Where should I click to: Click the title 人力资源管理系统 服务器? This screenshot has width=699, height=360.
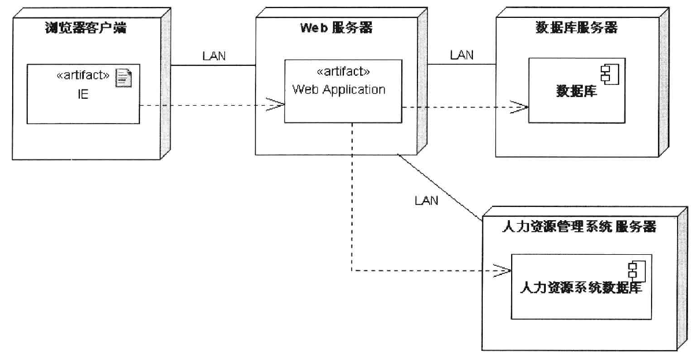click(577, 227)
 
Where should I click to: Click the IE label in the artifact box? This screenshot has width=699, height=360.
click(83, 94)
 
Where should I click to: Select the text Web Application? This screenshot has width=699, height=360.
click(338, 90)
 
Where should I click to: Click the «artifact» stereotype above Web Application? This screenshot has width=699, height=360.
click(343, 72)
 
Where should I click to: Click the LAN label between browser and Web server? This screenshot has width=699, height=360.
click(214, 56)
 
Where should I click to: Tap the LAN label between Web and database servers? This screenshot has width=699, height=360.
click(461, 55)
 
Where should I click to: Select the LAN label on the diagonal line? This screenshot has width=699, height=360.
click(426, 201)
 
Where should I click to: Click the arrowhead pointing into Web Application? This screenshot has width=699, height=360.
click(278, 105)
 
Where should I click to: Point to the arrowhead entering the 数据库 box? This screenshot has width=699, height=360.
click(522, 107)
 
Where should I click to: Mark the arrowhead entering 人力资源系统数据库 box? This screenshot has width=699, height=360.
click(504, 270)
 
